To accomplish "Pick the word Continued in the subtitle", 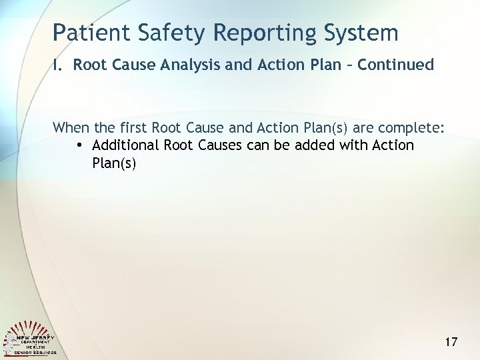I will tap(396, 65).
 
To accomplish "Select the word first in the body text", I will tap(133, 127).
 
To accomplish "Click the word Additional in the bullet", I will tap(125, 145).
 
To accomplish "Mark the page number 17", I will tap(451, 342).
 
